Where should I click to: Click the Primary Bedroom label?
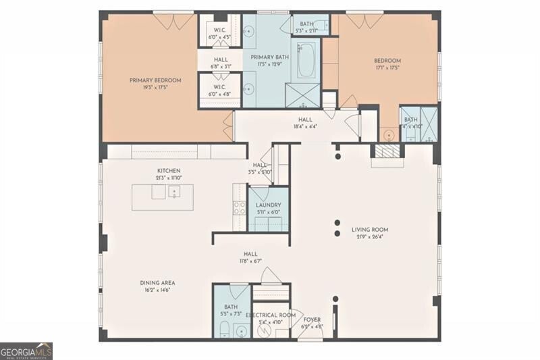tap(155, 80)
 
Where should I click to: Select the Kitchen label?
tap(168, 170)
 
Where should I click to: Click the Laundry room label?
tap(268, 205)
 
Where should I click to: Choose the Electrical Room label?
tap(270, 315)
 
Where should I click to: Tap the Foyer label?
tap(312, 319)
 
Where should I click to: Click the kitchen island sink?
tap(173, 192)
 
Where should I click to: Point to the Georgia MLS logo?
tap(26, 351)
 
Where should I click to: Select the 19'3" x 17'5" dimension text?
tap(155, 87)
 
